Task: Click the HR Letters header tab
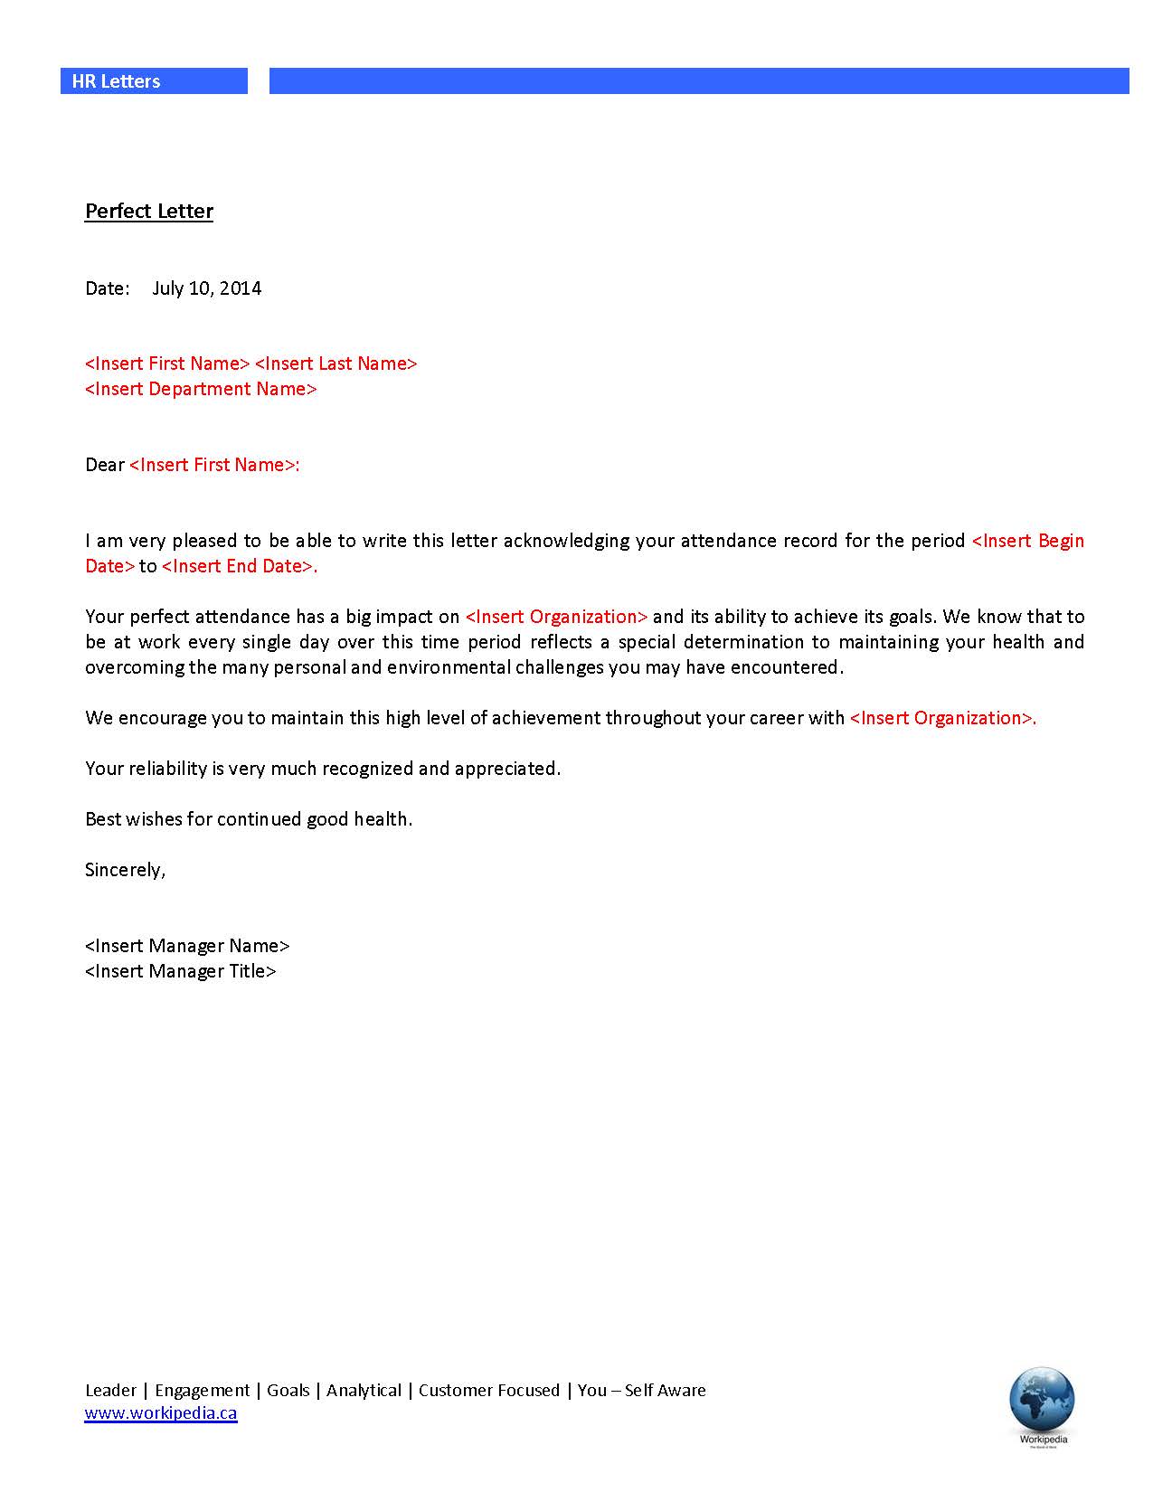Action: click(x=117, y=81)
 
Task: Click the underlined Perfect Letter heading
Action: click(x=149, y=212)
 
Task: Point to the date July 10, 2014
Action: click(x=207, y=288)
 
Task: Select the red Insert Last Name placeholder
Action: click(x=336, y=364)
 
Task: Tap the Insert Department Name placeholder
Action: click(x=201, y=389)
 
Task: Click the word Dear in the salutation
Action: click(x=105, y=465)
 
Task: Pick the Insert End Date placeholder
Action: click(x=238, y=566)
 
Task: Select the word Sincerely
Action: click(x=125, y=870)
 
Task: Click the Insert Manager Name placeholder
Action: click(x=187, y=946)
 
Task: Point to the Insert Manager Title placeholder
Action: click(x=181, y=971)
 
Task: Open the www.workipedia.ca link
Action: click(x=161, y=1413)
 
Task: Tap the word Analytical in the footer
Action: click(x=364, y=1391)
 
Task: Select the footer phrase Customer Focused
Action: click(x=489, y=1391)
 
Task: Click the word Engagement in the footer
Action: click(x=203, y=1391)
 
